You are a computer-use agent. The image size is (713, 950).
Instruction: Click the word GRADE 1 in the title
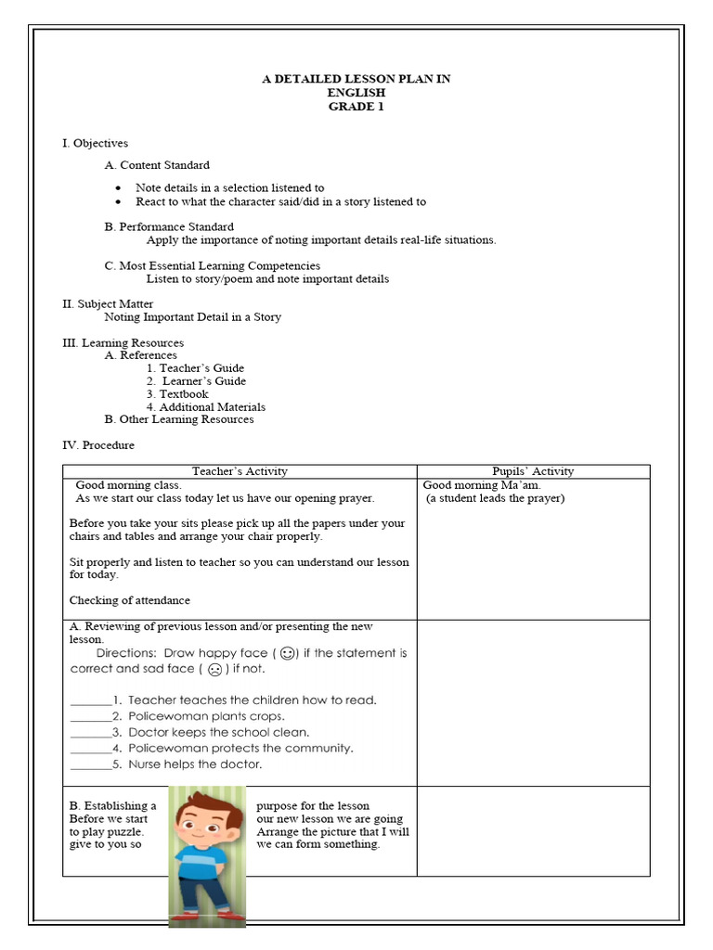pos(356,107)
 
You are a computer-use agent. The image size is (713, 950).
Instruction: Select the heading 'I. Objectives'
pos(95,143)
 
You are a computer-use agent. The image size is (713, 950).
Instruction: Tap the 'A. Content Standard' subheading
pos(157,165)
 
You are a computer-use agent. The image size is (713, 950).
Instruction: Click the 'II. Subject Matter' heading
pos(108,303)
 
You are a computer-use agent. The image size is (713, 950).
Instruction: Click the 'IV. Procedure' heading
pos(98,445)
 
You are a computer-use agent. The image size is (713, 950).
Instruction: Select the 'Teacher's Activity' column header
pos(240,471)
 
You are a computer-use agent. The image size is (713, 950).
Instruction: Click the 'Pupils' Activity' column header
pos(533,471)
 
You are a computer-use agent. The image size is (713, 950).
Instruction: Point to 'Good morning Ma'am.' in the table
pos(482,485)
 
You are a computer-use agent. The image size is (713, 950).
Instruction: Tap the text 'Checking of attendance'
pos(130,600)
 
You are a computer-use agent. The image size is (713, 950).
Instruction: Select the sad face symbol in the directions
pos(214,669)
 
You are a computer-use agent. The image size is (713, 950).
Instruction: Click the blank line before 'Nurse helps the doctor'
pos(89,765)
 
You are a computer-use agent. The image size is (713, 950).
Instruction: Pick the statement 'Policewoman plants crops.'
pos(206,716)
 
